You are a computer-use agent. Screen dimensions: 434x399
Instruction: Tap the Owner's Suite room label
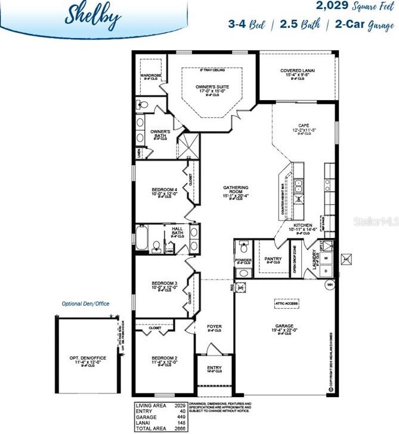tap(212, 87)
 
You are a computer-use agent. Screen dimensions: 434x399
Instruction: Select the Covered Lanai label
tap(298, 70)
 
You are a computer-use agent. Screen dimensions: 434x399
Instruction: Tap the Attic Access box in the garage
tap(286, 303)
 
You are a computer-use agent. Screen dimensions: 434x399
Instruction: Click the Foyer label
tap(214, 327)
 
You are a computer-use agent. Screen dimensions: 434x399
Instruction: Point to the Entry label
tap(214, 368)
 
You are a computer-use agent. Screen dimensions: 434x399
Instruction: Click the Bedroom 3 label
tap(164, 283)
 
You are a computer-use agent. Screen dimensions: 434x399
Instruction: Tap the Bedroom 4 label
tap(164, 190)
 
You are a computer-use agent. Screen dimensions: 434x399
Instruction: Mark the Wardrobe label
tap(148, 76)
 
